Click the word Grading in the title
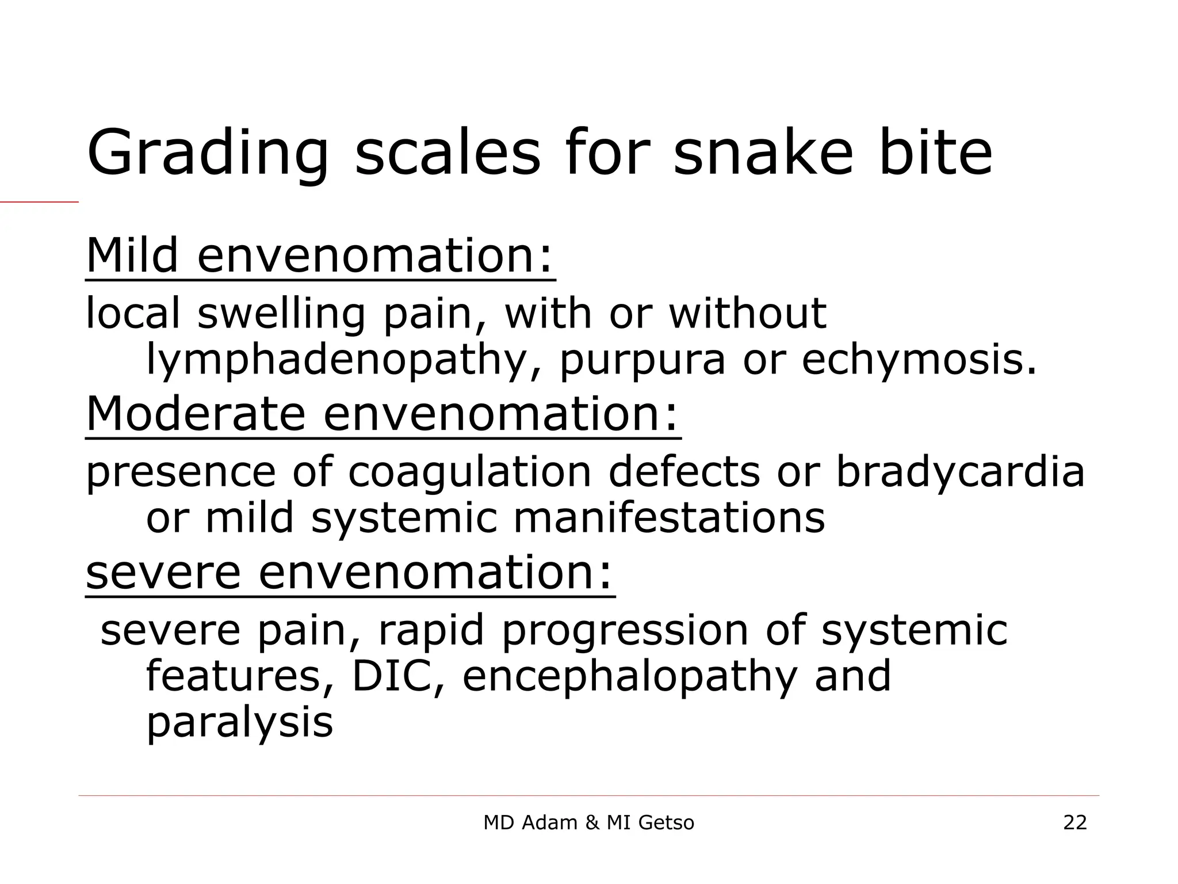[x=208, y=154]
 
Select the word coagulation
[x=469, y=472]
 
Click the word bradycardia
[x=959, y=472]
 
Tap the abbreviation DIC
[x=397, y=676]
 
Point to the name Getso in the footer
[x=666, y=823]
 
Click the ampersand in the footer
[x=592, y=823]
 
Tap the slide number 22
[x=1075, y=823]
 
